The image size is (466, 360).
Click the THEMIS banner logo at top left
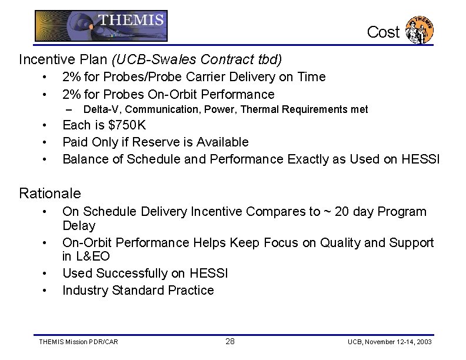tap(101, 26)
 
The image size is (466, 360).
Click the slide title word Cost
tap(383, 32)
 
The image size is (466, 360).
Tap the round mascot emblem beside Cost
tap(420, 31)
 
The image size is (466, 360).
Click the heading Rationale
tap(50, 193)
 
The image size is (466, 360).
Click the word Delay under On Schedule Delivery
tap(79, 226)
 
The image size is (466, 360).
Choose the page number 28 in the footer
tap(230, 341)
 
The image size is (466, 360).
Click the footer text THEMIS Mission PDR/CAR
tap(78, 342)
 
